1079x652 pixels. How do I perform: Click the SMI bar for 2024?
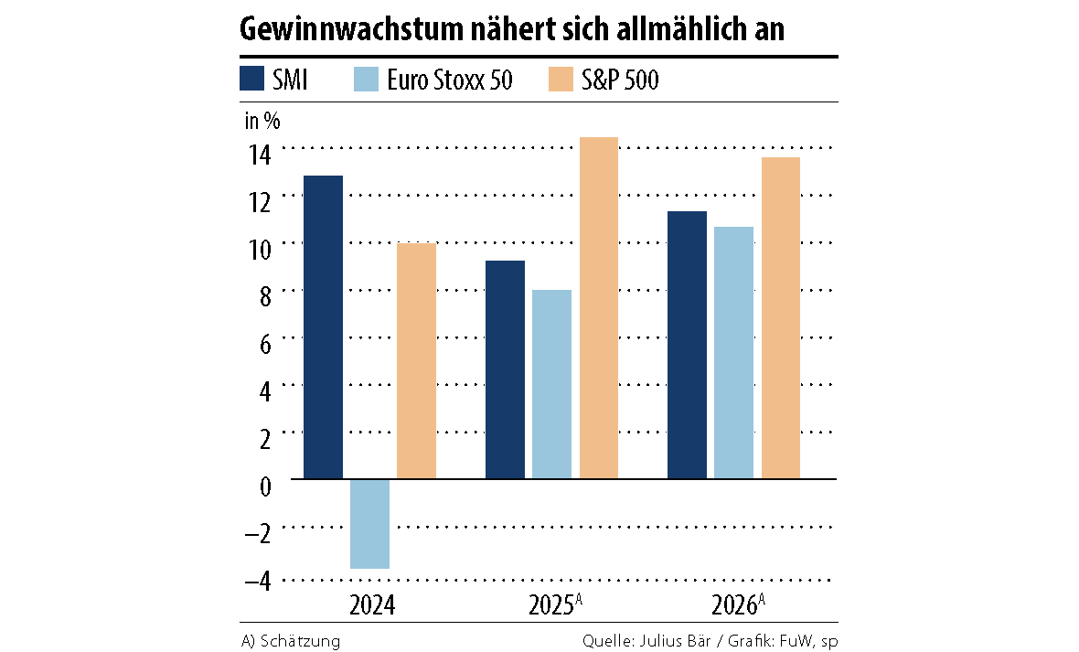(x=323, y=326)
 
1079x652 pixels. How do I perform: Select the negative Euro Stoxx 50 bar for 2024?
(x=369, y=524)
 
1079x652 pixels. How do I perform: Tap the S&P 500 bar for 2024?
(x=416, y=360)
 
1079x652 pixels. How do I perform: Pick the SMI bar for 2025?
(x=505, y=369)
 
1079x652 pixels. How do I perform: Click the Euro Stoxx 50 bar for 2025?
(x=551, y=384)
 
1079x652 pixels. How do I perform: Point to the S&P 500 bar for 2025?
(x=598, y=307)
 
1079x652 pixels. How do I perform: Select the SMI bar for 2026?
(x=687, y=345)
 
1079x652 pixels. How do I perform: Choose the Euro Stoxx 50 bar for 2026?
(x=733, y=352)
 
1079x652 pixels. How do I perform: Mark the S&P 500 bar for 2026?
(x=780, y=317)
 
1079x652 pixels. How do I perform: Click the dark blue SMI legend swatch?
(x=251, y=80)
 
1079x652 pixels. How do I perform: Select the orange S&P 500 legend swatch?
(x=560, y=80)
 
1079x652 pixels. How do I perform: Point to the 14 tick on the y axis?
(x=261, y=154)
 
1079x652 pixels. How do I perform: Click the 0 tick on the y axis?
(x=265, y=486)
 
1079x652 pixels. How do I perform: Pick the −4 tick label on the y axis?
(x=258, y=581)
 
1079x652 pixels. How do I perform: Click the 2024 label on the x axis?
(x=372, y=605)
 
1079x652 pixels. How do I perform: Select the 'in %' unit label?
(x=262, y=120)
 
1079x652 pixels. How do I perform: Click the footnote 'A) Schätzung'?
(x=290, y=641)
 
